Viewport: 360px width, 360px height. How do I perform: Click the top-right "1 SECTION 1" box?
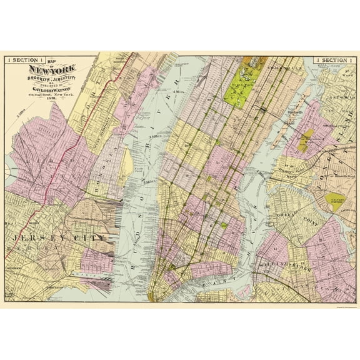[x=337, y=59]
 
